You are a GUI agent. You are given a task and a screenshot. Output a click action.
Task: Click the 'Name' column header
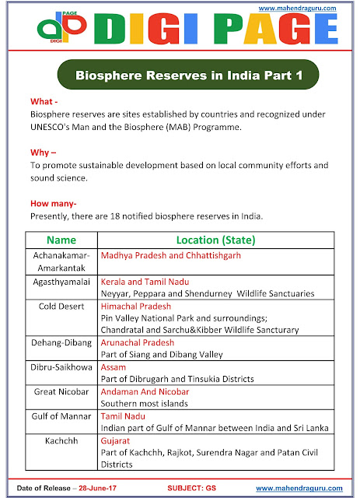click(x=61, y=239)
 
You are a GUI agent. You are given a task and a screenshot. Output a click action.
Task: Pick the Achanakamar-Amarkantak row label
click(x=61, y=261)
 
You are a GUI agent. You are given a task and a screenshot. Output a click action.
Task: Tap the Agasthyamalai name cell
click(x=61, y=281)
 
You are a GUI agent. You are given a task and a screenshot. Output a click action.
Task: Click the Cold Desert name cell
click(x=61, y=306)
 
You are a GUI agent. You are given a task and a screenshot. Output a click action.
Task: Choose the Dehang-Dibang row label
click(x=61, y=342)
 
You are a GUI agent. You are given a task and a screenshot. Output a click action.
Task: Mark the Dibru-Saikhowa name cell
click(x=61, y=366)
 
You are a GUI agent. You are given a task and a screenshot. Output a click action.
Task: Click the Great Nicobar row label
click(x=61, y=391)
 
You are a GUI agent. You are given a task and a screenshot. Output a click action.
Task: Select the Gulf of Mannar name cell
click(x=61, y=416)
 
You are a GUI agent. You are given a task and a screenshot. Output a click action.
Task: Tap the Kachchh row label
click(x=61, y=440)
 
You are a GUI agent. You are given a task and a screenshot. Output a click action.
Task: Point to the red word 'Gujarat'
click(x=117, y=440)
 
